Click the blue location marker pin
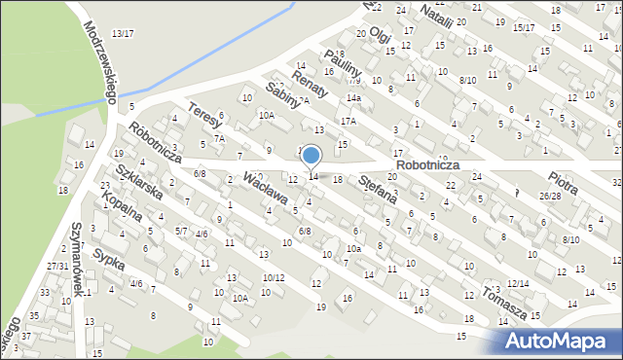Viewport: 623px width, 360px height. tap(311, 156)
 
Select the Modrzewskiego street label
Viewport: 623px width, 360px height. tap(101, 60)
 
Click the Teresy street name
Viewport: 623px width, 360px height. tap(205, 118)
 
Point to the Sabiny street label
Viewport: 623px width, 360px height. tap(280, 99)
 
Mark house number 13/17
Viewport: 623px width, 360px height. tap(123, 34)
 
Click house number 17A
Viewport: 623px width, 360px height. tap(348, 121)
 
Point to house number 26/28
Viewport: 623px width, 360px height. tap(551, 196)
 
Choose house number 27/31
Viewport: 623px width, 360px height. tap(57, 266)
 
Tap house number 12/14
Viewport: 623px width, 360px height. tap(517, 283)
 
